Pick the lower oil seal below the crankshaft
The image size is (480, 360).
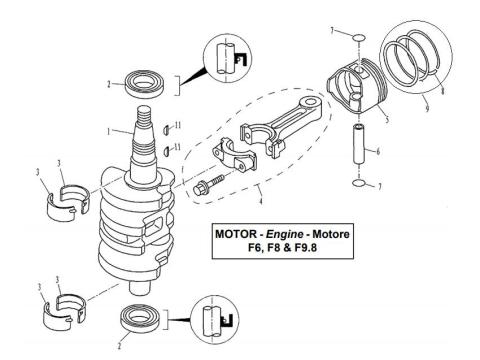(x=140, y=321)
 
